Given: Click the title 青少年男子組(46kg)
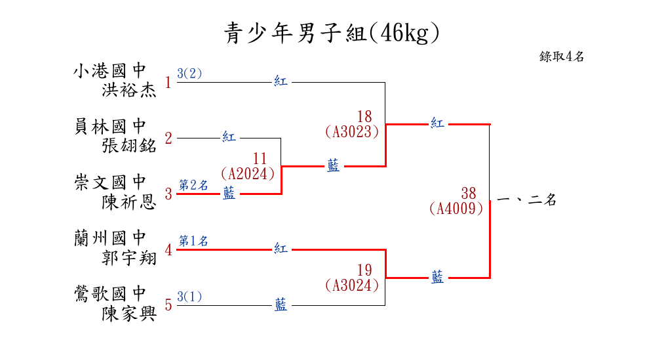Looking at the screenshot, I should click(x=331, y=33).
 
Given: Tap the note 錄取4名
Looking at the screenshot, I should click(x=562, y=56).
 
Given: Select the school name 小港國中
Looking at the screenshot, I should click(x=109, y=70).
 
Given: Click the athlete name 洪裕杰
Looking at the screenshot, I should click(x=129, y=90).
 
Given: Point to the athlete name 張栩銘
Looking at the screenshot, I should click(x=129, y=146).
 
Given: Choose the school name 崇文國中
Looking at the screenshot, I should click(x=109, y=182).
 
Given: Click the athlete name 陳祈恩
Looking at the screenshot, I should click(x=129, y=202).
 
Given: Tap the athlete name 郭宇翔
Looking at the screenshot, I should click(x=129, y=257).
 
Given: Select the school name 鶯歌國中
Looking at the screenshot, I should click(x=109, y=293).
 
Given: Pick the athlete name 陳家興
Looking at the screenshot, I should click(x=129, y=313).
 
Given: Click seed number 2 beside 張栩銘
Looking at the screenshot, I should click(x=168, y=138).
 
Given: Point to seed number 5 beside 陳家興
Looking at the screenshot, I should click(x=168, y=305).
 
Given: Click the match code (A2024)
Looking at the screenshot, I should click(x=247, y=174).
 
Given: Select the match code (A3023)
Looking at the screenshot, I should click(x=352, y=132).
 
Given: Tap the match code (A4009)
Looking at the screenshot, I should click(x=456, y=209).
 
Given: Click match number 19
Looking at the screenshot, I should click(x=365, y=270).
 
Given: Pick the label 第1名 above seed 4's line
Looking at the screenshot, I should click(x=193, y=241).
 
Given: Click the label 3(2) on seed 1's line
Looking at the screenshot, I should click(x=189, y=74).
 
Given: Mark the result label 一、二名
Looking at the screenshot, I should click(x=527, y=200).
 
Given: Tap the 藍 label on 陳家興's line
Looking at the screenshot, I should click(x=281, y=305).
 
